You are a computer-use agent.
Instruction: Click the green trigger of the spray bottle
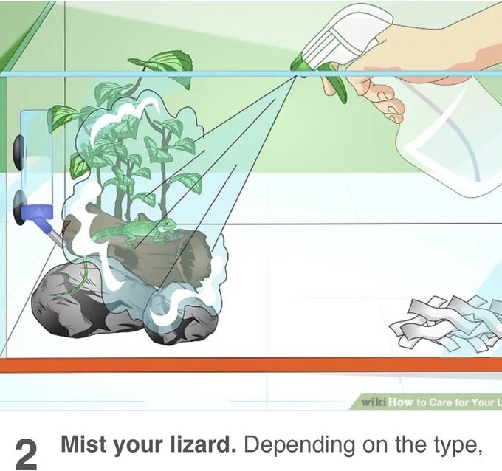(x=334, y=88)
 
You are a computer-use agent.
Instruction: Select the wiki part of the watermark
(x=375, y=402)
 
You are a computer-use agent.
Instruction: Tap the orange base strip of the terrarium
(x=251, y=365)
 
